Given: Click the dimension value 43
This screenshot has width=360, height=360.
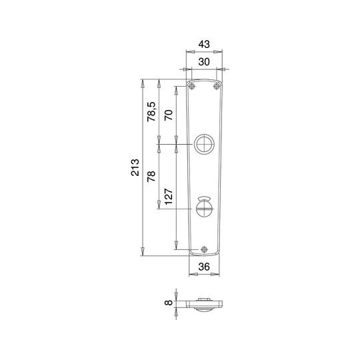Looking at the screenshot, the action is tap(204, 44).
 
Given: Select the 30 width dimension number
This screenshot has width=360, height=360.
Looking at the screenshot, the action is tap(204, 62).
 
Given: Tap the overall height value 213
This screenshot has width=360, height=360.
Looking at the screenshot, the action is tap(135, 167).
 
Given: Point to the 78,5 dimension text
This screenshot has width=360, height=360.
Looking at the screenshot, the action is tap(151, 111).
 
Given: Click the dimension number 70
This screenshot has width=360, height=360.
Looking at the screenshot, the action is tap(169, 115).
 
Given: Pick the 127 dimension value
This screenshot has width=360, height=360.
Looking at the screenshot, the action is tap(169, 197).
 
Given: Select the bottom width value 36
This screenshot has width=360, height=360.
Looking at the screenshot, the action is tap(204, 267).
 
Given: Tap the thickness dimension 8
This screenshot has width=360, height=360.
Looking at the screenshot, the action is tap(169, 303).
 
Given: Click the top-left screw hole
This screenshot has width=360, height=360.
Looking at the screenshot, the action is tap(191, 86).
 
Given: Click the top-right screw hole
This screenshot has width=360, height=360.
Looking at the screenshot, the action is tap(217, 86).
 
